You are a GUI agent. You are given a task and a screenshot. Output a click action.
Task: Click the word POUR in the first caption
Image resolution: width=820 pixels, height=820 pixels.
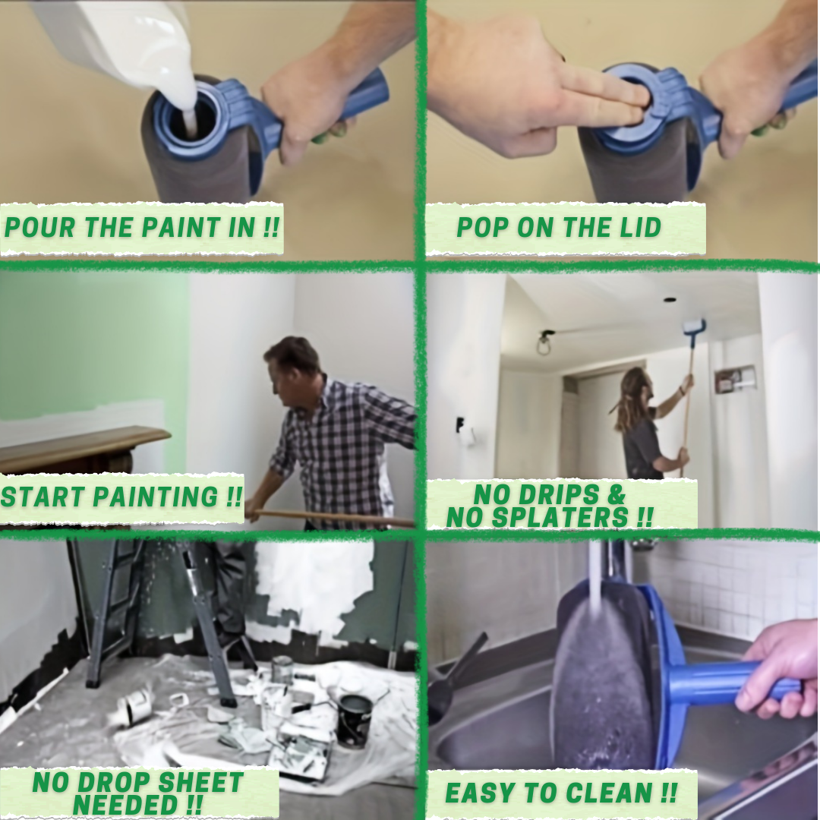(x=39, y=228)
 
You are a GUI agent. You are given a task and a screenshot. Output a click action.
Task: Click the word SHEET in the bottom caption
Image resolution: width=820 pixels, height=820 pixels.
(x=200, y=783)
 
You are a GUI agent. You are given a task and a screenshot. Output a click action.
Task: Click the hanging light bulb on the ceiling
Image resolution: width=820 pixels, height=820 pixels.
(x=544, y=347)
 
